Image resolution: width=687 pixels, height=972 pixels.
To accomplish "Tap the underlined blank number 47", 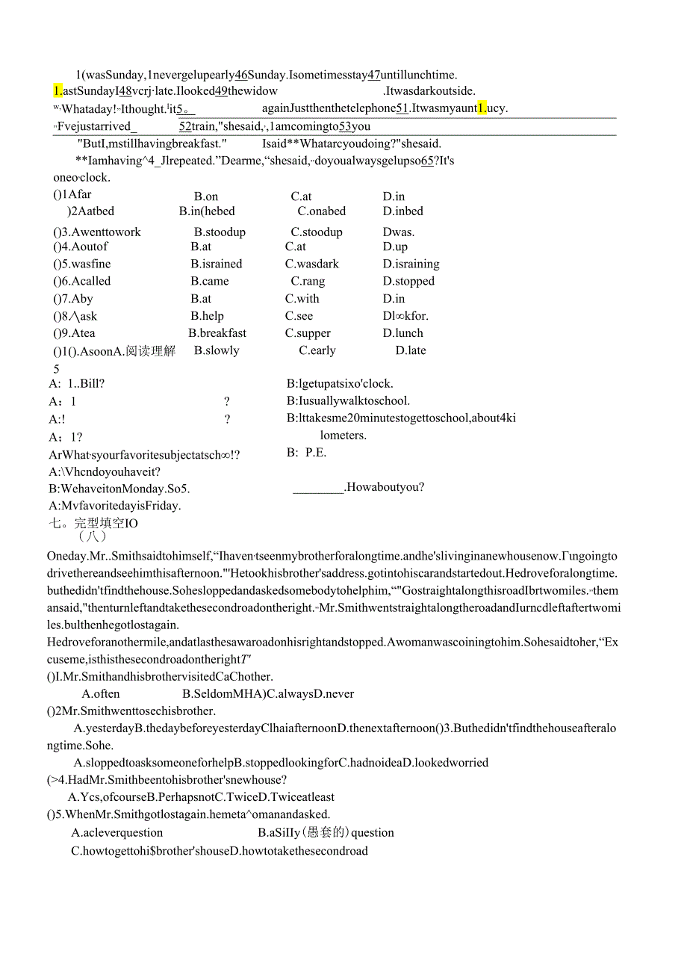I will tap(373, 75).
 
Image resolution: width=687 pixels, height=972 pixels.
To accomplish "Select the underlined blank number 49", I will tap(222, 91).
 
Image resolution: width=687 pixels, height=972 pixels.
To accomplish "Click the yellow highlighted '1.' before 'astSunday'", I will tap(57, 91).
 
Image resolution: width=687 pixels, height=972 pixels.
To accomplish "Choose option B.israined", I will tap(217, 264).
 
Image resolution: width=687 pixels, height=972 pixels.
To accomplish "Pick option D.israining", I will tap(411, 264).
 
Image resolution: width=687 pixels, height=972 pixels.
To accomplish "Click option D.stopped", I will tap(408, 282).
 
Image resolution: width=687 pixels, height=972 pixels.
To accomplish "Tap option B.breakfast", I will tap(217, 333).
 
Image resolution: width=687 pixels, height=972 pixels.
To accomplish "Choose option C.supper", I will tap(308, 333).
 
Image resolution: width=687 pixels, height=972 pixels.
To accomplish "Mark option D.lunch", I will tap(403, 333).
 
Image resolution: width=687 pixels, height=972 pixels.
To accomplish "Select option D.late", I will tap(411, 350).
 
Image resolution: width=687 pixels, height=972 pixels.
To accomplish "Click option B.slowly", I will tap(217, 350).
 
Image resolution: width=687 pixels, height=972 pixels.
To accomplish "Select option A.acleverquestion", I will tap(117, 833).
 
